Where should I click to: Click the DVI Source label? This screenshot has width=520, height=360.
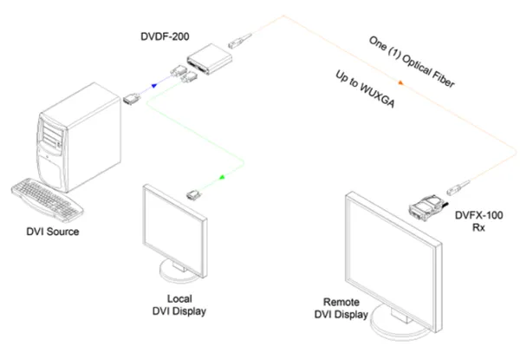(54, 231)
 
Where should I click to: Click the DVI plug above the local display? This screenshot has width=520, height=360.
(195, 192)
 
